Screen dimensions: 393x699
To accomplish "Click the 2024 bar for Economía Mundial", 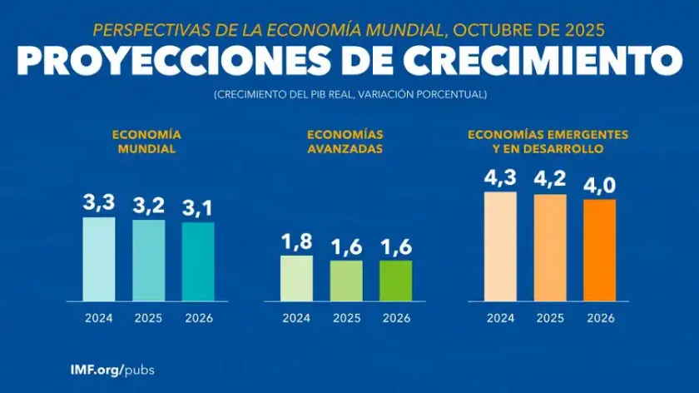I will coord(98,259).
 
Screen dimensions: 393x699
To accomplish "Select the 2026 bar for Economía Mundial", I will coord(198,261).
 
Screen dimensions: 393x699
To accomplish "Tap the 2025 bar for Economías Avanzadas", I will coord(345,281).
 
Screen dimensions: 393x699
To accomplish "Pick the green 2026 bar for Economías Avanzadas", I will coord(395,281).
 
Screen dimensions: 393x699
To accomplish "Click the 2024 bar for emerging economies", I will coord(500,246).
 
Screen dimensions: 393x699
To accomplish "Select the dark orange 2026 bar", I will coord(599,250).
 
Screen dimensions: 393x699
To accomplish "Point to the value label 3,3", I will coord(98,203).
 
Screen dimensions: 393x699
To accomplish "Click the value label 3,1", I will coord(198,208).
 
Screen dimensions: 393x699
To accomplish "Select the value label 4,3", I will coord(500,178).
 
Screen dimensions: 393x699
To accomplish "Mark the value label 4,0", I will coord(599,185).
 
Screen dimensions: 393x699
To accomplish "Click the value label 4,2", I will coord(550,181).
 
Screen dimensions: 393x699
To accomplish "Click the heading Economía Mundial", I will coord(147,142).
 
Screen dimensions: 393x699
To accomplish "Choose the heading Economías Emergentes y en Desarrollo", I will coord(548,142).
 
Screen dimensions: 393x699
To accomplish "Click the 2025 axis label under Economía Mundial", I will coord(148,317).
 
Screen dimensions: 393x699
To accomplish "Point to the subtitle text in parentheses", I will coord(349,94).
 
